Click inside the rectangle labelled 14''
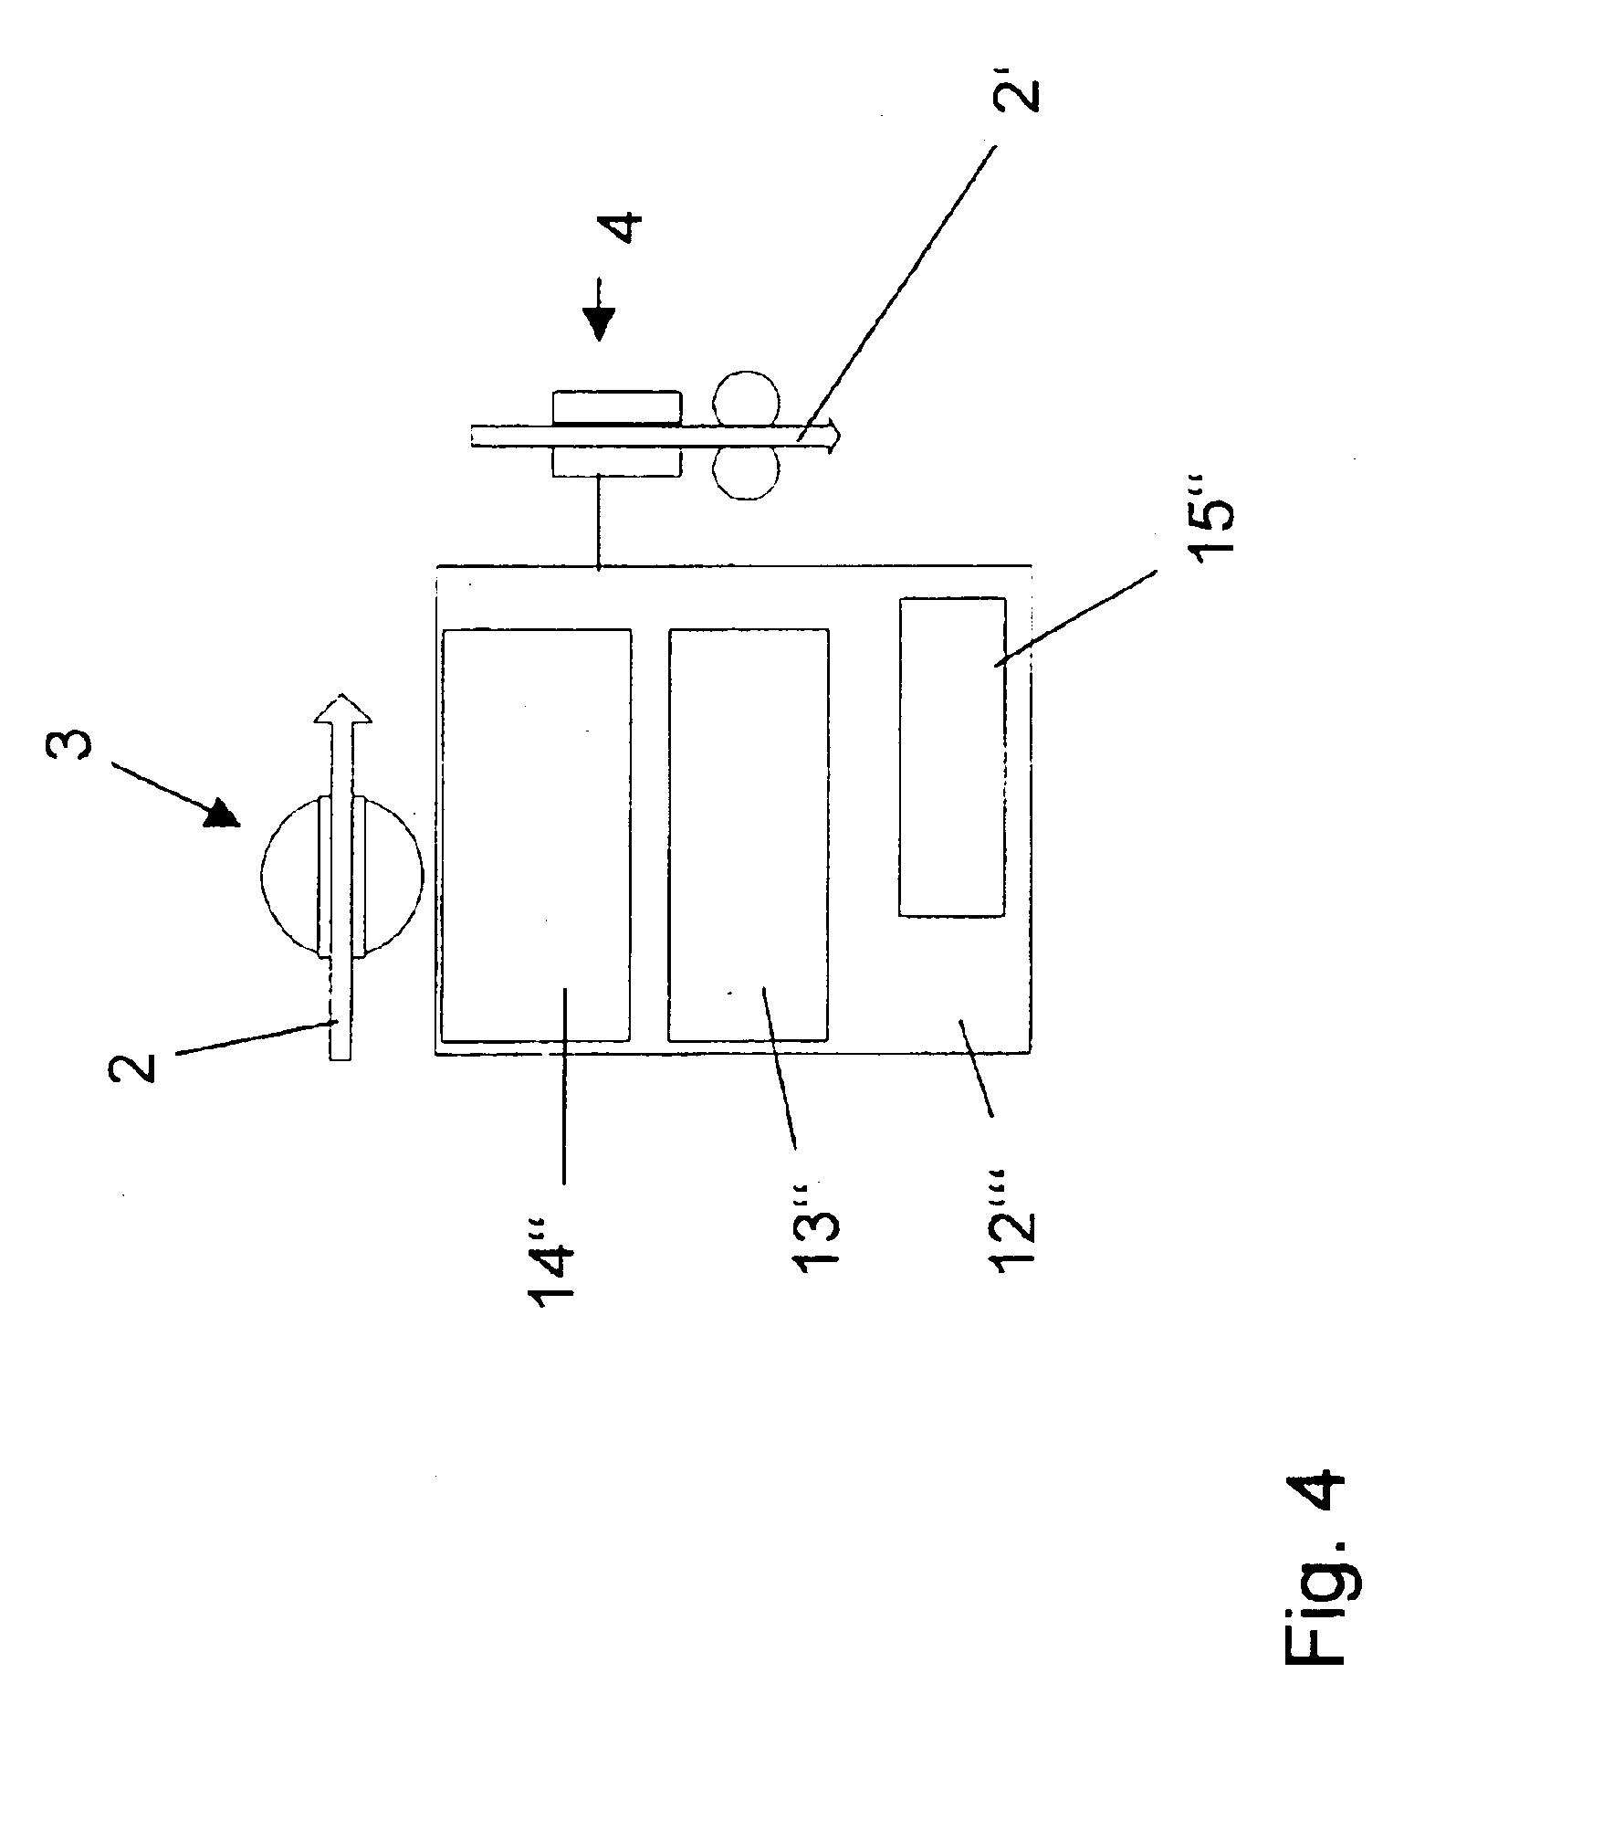[536, 835]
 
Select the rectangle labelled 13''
[749, 835]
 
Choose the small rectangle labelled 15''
[951, 756]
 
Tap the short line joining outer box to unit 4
[598, 521]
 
